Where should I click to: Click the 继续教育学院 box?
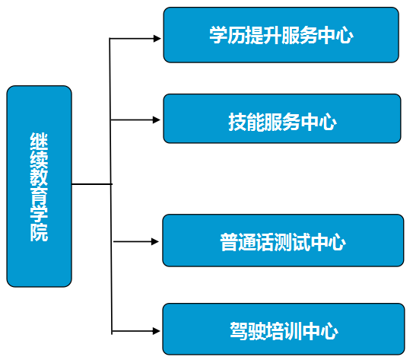coord(39,186)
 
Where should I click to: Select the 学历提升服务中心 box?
coord(281,35)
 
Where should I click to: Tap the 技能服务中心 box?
coord(282,119)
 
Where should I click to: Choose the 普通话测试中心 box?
coord(283,241)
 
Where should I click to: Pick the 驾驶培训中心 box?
coord(284,329)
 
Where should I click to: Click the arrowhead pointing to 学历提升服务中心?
coord(157,39)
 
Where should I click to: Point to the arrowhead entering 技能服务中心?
coord(157,120)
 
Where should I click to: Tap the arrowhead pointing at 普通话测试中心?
coord(155,241)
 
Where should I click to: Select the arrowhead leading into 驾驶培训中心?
coord(157,331)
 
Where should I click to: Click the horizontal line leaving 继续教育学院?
coord(92,184)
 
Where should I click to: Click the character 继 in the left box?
coord(39,142)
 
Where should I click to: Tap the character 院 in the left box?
coord(39,232)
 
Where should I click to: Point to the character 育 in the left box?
coord(39,196)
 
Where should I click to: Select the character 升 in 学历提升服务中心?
coord(272,35)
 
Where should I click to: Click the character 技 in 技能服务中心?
coord(237,122)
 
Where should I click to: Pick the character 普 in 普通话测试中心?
coord(229,242)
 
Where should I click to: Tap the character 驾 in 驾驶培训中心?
coord(239,331)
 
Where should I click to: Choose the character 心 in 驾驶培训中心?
coord(329,331)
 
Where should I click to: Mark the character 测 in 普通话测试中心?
coord(283,242)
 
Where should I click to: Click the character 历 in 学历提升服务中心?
coord(237,35)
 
